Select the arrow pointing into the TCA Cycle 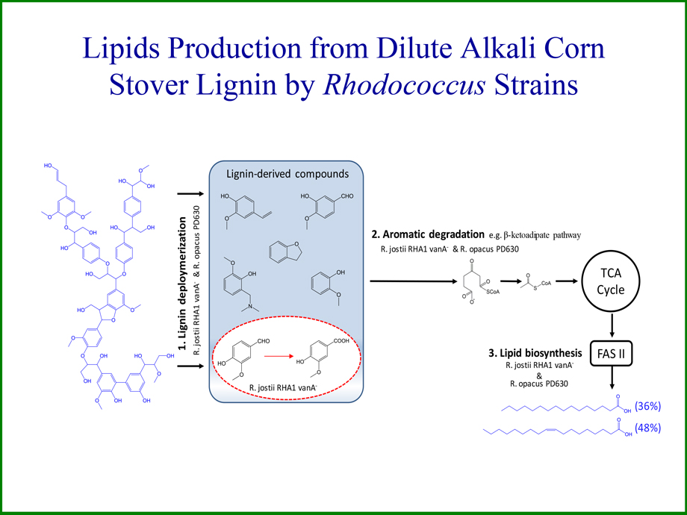565,281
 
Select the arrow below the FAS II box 613,379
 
